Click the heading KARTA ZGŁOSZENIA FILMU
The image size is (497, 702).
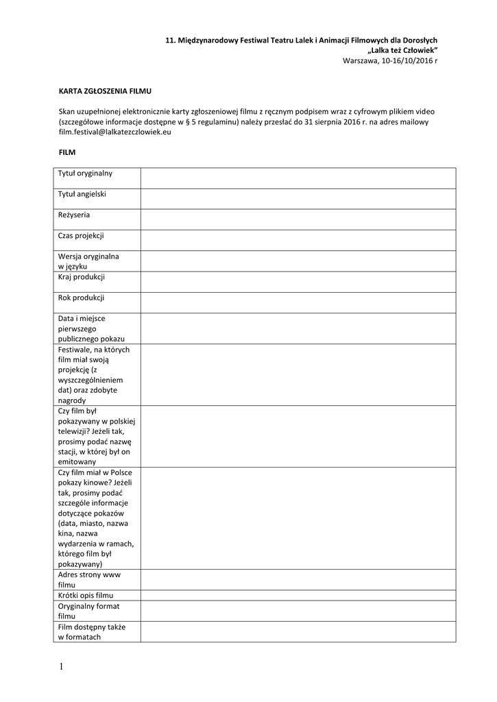tap(104, 90)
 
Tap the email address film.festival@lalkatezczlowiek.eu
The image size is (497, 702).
tap(114, 132)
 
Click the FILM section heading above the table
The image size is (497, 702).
tap(66, 152)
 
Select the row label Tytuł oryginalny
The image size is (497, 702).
tap(85, 173)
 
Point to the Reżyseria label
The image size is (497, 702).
tap(74, 215)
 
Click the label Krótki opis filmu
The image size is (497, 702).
tap(85, 595)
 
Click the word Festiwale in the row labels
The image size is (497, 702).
tap(74, 349)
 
